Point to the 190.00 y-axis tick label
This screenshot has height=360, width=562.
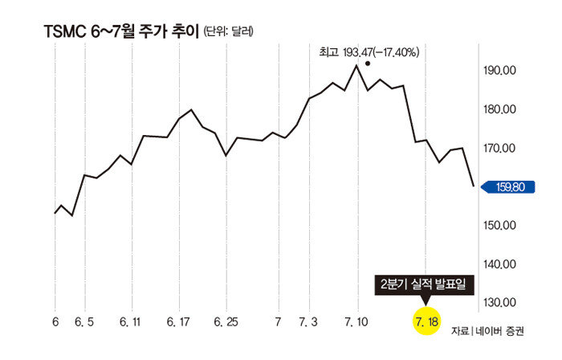499,72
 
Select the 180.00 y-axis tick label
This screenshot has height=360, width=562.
499,110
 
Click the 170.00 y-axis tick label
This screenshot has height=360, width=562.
499,149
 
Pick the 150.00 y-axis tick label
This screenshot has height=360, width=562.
499,226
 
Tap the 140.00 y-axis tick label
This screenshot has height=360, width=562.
499,264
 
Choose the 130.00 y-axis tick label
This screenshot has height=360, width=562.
499,303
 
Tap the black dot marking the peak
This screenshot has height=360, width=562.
368,63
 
